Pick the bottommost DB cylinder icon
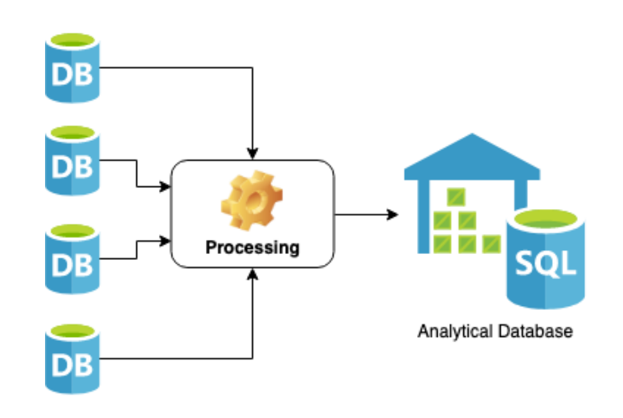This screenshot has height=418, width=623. point(72,359)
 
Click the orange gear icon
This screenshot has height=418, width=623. point(252,199)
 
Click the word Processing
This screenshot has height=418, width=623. point(252,247)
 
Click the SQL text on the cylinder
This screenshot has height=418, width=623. point(546,264)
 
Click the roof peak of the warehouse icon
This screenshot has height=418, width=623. point(472,136)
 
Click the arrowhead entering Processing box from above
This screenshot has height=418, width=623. point(253,154)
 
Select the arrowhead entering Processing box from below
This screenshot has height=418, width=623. point(253,273)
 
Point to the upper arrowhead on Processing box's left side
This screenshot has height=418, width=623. point(165,187)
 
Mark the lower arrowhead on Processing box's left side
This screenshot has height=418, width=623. point(165,241)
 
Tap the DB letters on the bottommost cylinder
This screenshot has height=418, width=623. point(72,364)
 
